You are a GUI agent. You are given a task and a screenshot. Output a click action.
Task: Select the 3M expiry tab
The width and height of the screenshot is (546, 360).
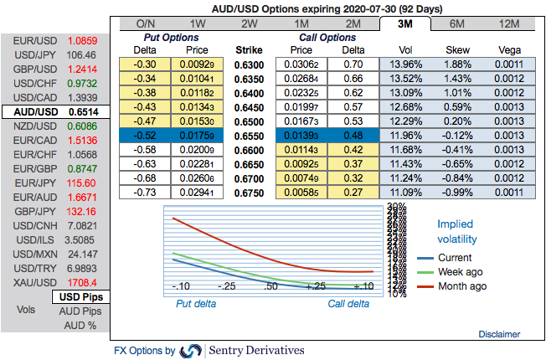tap(404, 23)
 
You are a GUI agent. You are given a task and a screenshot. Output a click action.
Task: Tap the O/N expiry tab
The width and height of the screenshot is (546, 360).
tap(146, 23)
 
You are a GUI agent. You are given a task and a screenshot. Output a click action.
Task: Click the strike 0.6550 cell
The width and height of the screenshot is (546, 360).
tap(249, 134)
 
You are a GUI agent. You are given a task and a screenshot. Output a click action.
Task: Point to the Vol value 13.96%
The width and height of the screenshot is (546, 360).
tap(404, 63)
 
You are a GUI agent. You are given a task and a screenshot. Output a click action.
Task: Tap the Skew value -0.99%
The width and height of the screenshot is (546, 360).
tap(457, 191)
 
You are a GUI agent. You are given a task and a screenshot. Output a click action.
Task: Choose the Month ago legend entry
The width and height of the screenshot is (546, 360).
tap(460, 286)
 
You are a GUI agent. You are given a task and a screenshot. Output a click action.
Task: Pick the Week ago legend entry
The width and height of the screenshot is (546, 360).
tap(460, 272)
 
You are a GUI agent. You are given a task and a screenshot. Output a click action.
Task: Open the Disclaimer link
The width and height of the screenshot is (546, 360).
tap(499, 333)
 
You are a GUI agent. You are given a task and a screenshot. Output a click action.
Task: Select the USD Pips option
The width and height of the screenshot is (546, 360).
tap(82, 297)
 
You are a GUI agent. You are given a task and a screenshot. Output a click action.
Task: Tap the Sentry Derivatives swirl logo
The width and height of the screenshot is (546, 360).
tap(192, 350)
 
